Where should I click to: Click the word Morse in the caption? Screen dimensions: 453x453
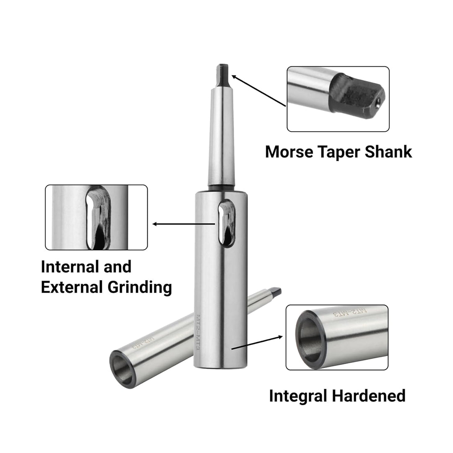tap(289, 152)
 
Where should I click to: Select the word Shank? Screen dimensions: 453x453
tap(388, 152)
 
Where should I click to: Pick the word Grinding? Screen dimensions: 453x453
tap(140, 288)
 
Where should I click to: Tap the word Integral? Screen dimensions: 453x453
tap(298, 396)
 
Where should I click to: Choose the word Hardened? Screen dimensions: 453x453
tap(369, 396)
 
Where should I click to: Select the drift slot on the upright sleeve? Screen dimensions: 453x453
tap(226, 223)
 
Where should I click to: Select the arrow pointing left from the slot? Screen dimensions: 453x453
tap(184, 224)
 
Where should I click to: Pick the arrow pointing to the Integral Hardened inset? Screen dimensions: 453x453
tap(257, 343)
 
